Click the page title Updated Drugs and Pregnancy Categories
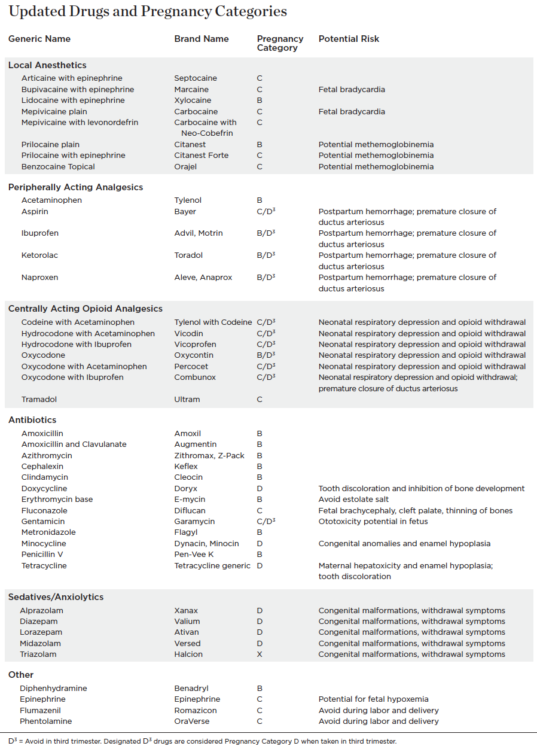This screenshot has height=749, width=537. pyautogui.click(x=148, y=11)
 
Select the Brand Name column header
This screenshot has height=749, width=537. pyautogui.click(x=202, y=39)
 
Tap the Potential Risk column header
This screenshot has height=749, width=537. pyautogui.click(x=349, y=39)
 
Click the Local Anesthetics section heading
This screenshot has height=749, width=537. pyautogui.click(x=47, y=65)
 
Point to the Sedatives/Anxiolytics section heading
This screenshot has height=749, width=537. pyautogui.click(x=56, y=597)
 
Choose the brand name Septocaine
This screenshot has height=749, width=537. pyautogui.click(x=196, y=78)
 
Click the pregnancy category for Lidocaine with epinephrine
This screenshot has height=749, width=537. pyautogui.click(x=260, y=101)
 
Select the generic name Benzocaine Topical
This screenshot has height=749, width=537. pyautogui.click(x=58, y=167)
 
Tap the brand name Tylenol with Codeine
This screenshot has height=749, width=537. pyautogui.click(x=213, y=322)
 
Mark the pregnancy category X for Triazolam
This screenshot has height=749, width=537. pyautogui.click(x=260, y=654)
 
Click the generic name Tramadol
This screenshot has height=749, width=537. pyautogui.click(x=39, y=400)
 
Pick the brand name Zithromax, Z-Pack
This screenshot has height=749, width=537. pyautogui.click(x=209, y=456)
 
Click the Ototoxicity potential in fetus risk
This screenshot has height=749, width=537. pyautogui.click(x=373, y=522)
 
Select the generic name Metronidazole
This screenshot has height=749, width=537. pyautogui.click(x=48, y=532)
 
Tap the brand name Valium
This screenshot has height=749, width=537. pyautogui.click(x=187, y=622)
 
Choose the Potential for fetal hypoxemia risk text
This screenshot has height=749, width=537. pyautogui.click(x=373, y=699)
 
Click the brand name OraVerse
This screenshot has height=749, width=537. pyautogui.click(x=193, y=721)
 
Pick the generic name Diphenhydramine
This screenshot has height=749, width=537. pyautogui.click(x=53, y=689)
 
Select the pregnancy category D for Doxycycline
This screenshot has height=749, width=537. pyautogui.click(x=260, y=489)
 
